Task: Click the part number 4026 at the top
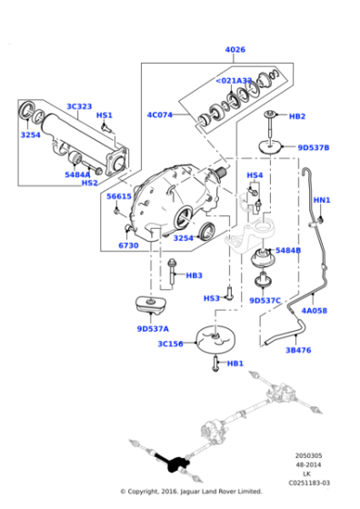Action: pos(235,50)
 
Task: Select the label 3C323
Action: pos(79,107)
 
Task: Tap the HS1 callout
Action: pos(105,115)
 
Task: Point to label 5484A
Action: pos(77,175)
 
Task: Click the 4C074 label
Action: pos(160,115)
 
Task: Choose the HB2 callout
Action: pos(296,116)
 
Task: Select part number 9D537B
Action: pos(314,147)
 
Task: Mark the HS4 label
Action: pos(255,175)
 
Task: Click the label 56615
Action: pos(119,196)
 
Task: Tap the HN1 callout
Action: pos(322,200)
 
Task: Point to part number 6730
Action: pos(128,245)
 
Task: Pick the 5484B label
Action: pos(288,250)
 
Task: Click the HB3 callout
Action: pos(194,275)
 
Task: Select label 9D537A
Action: pos(153,328)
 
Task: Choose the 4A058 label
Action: pos(315,311)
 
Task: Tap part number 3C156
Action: pos(170,344)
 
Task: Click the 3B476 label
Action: pos(298,349)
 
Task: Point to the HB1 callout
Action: pos(235,364)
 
